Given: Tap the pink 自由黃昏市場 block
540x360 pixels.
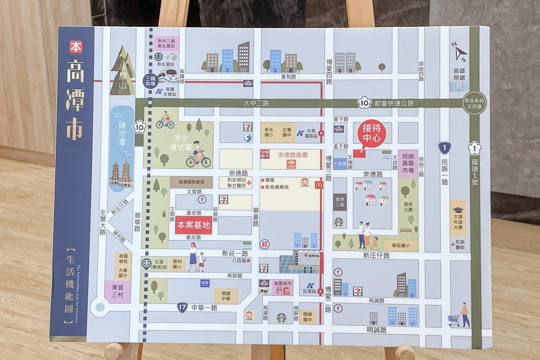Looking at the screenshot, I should pos(408,163).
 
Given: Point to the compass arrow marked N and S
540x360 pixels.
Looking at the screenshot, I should pos(459,52).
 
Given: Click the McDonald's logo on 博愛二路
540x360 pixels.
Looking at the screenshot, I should pos(319,184).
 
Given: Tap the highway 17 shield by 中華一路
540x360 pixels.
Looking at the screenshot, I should pos(182,308).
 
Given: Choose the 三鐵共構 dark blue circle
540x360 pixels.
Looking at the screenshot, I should pos(150,81).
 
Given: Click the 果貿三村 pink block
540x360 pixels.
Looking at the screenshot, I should pos(117,292).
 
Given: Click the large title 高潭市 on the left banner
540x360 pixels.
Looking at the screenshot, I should pos(75,99).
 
